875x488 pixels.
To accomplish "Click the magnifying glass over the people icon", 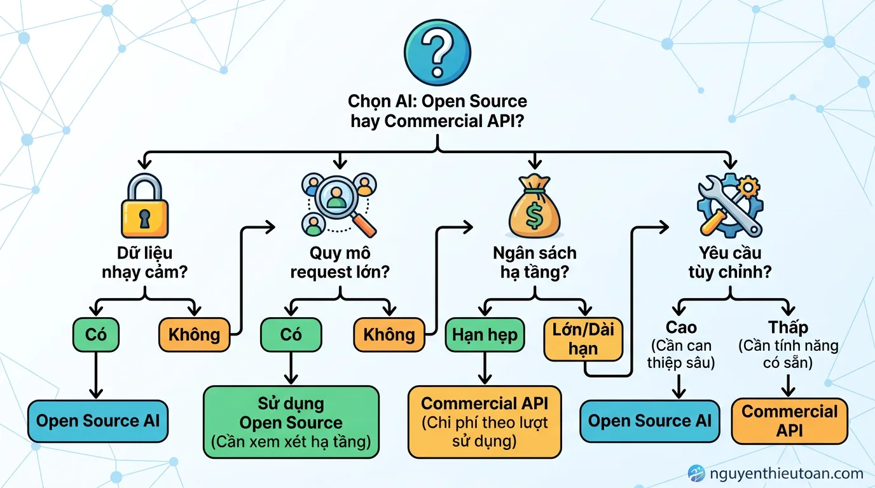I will (x=338, y=205).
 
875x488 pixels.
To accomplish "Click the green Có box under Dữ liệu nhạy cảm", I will (x=96, y=334).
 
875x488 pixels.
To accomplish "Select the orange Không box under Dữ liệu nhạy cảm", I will (x=194, y=334).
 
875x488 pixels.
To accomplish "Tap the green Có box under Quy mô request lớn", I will (x=291, y=334).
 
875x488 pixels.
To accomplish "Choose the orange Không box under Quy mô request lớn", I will (x=389, y=334).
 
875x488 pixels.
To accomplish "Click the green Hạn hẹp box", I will (x=485, y=334).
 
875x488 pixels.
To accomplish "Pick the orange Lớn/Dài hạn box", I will (x=583, y=339).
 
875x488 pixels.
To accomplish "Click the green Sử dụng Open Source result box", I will (x=291, y=422).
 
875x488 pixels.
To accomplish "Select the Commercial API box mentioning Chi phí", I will (x=485, y=422).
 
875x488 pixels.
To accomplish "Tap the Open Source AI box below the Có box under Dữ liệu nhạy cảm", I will (x=98, y=421).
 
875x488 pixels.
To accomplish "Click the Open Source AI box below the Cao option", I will (x=650, y=421).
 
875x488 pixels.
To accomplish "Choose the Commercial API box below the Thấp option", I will (x=789, y=421).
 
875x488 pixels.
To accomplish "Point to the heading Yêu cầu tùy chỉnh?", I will (x=729, y=262).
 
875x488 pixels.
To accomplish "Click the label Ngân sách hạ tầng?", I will (x=535, y=262).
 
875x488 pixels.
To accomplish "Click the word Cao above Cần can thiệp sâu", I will (x=680, y=328).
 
